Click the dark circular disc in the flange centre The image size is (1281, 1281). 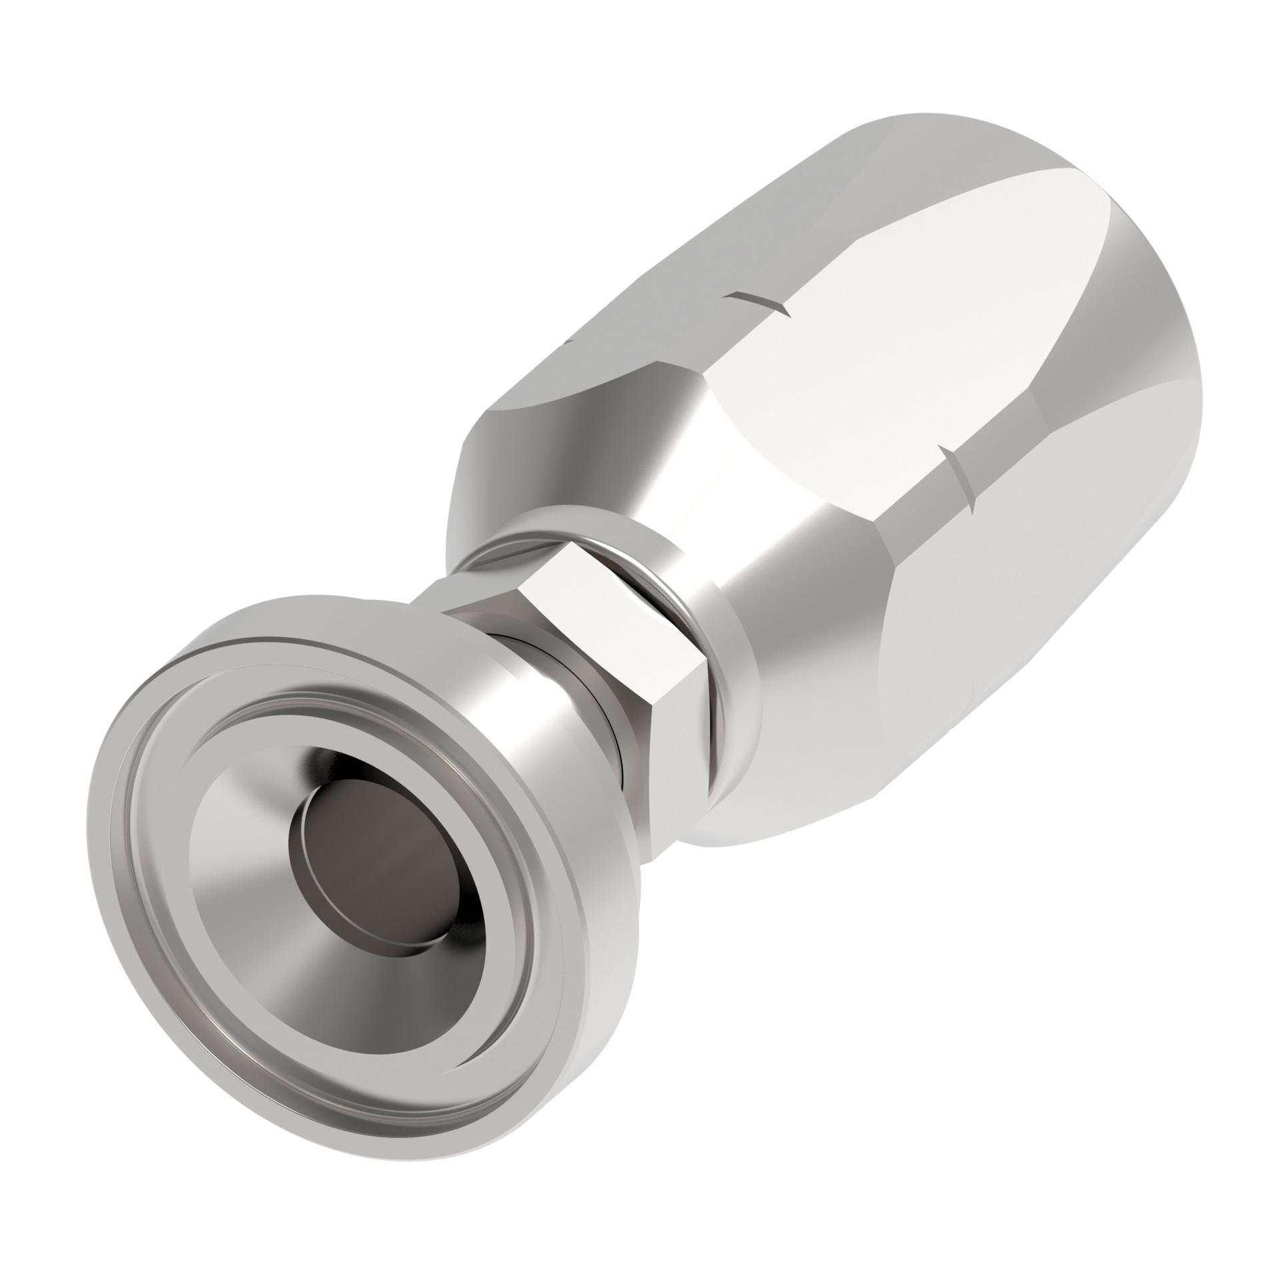(x=387, y=844)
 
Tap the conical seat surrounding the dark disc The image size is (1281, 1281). (x=280, y=887)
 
